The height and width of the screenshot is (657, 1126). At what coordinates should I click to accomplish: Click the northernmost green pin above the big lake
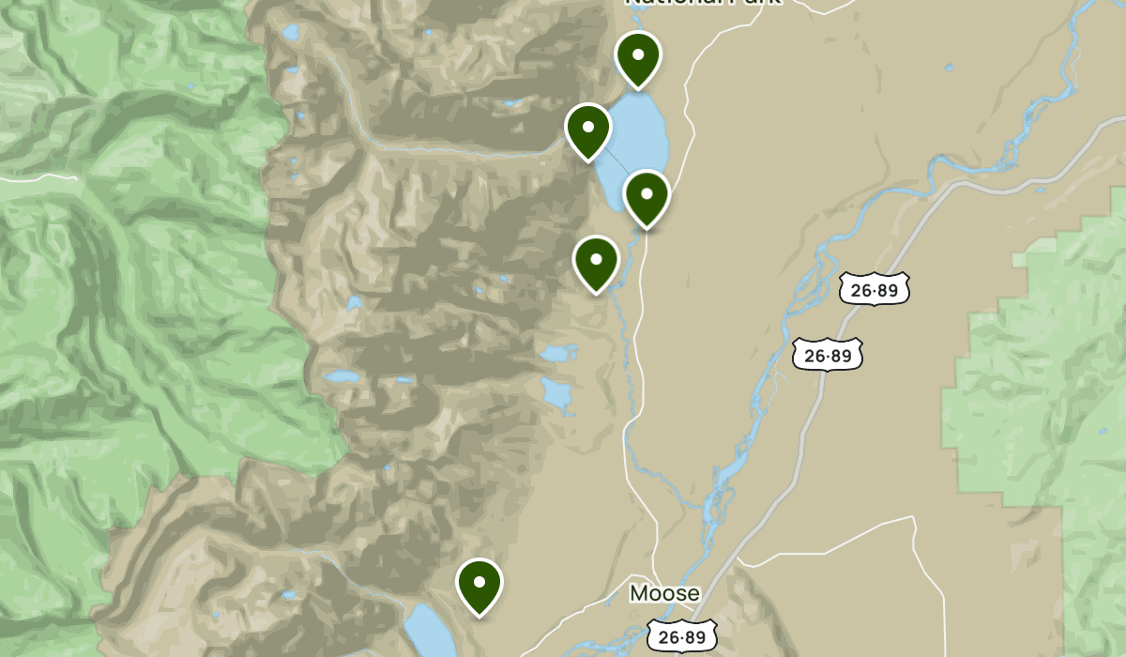coord(638,58)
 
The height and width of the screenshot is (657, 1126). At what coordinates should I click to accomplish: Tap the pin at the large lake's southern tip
coord(647,198)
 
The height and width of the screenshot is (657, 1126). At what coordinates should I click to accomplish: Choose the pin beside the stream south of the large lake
coord(596,263)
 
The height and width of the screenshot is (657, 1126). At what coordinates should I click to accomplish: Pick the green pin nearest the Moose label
coord(479,586)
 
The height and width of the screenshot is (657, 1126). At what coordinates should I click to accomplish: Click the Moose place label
coord(664,593)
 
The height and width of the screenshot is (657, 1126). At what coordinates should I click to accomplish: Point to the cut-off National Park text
coord(704,4)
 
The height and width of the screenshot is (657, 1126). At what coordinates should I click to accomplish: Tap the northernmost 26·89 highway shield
coord(875,290)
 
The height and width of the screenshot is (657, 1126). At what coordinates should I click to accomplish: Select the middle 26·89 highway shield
coord(827,355)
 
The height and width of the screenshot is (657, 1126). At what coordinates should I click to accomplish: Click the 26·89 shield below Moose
coord(682,637)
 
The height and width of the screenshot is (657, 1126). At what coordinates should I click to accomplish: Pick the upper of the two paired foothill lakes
coord(559,354)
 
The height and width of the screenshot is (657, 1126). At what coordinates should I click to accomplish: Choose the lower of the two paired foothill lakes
coord(558,394)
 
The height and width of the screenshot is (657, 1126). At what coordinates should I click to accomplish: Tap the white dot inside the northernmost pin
coord(638,53)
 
